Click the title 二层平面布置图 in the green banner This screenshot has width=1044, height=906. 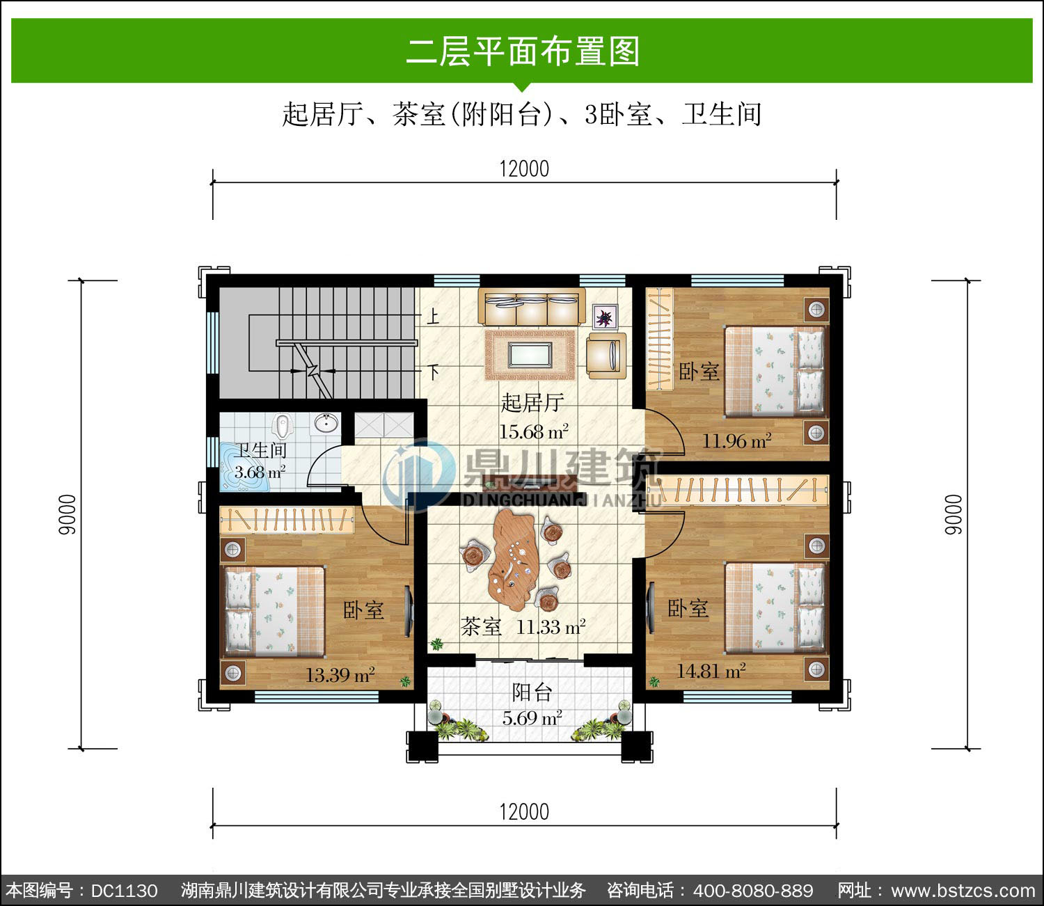pyautogui.click(x=523, y=51)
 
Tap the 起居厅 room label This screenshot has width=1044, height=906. pyautogui.click(x=532, y=402)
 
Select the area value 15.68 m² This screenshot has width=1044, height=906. pyautogui.click(x=534, y=431)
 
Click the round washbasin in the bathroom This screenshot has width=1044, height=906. pyautogui.click(x=326, y=423)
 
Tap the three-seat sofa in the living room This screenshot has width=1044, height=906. pyautogui.click(x=531, y=307)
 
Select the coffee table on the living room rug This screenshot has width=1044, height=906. pyautogui.click(x=530, y=355)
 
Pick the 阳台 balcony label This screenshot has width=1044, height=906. pyautogui.click(x=532, y=692)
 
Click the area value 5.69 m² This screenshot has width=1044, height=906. pyautogui.click(x=532, y=717)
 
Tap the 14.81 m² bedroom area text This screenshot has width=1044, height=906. pyautogui.click(x=711, y=670)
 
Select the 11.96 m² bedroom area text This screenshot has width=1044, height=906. pyautogui.click(x=737, y=440)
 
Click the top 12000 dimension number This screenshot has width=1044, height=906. pyautogui.click(x=524, y=169)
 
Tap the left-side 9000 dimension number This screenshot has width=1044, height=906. pyautogui.click(x=68, y=514)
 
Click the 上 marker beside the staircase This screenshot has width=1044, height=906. pyautogui.click(x=433, y=317)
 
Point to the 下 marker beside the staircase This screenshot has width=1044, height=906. pyautogui.click(x=433, y=372)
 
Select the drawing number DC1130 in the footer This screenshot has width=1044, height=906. pyautogui.click(x=124, y=891)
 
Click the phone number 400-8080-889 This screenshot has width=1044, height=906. pyautogui.click(x=753, y=891)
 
